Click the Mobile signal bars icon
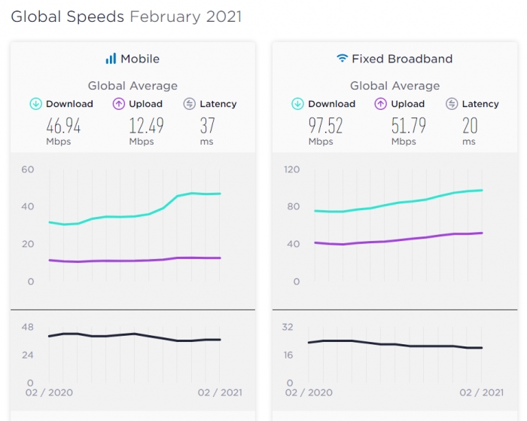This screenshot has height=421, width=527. point(111,59)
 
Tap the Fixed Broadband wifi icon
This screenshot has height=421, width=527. point(342,58)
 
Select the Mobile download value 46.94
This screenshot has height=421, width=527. point(63,126)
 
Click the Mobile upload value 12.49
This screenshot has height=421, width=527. point(146,126)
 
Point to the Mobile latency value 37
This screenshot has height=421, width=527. point(207,126)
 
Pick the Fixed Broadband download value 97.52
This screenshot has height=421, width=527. point(325,126)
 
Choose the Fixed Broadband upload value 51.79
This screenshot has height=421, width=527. point(408,126)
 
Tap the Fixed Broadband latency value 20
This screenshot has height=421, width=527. point(470,126)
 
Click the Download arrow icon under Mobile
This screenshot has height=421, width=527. point(36,104)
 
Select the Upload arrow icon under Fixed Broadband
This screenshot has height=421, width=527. point(380,104)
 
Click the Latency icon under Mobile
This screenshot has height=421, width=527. point(189,104)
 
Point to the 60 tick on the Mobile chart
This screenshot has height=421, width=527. point(28,169)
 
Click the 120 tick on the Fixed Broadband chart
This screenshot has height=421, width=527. point(291,169)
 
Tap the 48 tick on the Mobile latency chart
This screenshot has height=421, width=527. point(28,327)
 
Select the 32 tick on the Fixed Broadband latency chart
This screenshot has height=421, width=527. point(288,327)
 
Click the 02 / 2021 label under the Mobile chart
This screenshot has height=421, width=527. point(220,392)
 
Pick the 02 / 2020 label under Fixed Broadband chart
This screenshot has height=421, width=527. point(309,392)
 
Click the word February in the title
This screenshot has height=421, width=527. point(166,17)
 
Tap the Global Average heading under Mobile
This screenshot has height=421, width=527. point(133,86)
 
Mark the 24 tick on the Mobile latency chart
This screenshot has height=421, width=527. point(28,355)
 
